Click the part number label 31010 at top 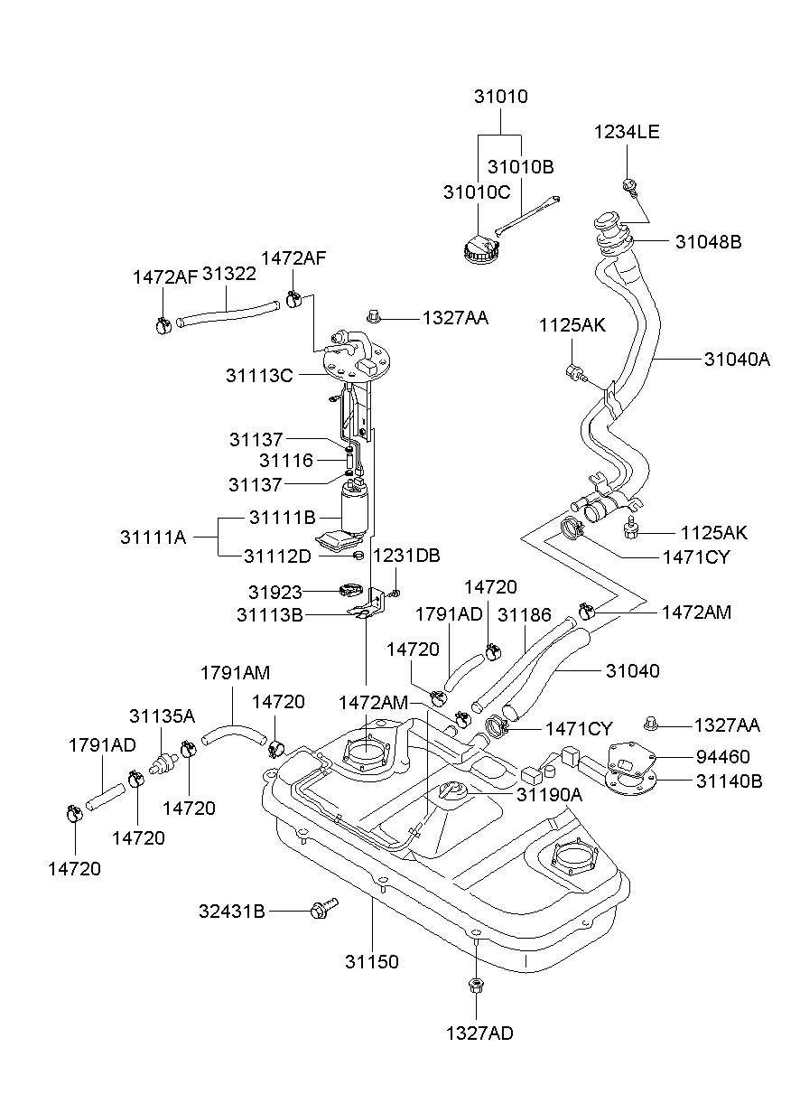click(501, 97)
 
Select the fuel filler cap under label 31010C click(481, 249)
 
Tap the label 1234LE click(627, 132)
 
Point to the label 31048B click(708, 242)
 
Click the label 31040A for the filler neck click(737, 360)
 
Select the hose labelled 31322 click(228, 313)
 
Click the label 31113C click(259, 376)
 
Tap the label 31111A click(153, 538)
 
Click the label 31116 click(286, 460)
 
